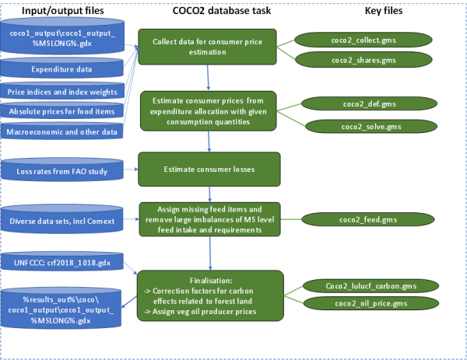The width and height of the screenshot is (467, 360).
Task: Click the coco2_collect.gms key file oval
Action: coord(363,40)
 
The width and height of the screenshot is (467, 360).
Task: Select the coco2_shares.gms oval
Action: coord(363,60)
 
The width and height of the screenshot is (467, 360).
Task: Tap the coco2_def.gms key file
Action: coord(369,104)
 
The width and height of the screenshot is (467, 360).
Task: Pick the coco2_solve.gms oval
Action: coord(371,127)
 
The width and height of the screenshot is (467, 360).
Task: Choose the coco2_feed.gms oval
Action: coord(368,220)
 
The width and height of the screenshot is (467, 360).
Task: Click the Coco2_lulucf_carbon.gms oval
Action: coord(370,286)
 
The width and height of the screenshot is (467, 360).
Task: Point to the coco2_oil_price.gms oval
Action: coord(371,304)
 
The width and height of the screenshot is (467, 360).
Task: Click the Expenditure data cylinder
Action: coord(61,68)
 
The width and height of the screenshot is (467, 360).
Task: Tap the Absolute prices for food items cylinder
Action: coord(61,110)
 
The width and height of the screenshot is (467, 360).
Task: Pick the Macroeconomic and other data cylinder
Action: coord(61,131)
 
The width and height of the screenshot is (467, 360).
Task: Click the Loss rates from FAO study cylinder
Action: coord(62,170)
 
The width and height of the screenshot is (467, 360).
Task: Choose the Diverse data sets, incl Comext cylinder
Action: coord(62,219)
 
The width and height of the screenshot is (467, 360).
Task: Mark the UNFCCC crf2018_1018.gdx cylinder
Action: coord(62,261)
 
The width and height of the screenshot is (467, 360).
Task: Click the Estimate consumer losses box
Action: coord(209,170)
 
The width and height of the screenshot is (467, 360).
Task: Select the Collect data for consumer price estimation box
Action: coord(207,47)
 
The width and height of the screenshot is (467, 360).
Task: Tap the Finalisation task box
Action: coord(210,295)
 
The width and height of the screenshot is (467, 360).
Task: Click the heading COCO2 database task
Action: coord(222,11)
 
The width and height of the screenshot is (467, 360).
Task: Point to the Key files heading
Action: coord(384,11)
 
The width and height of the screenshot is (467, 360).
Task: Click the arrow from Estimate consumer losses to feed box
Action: coord(209,194)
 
